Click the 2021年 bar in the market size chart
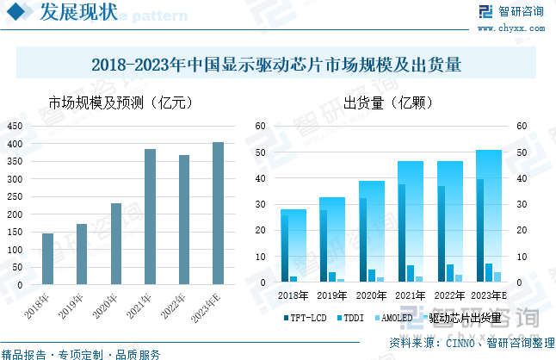point(150,217)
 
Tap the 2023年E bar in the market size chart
point(218,214)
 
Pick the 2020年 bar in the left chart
point(115,244)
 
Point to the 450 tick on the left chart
point(15,126)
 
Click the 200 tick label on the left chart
point(15,214)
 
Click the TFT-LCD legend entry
point(306,318)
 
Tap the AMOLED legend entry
point(395,318)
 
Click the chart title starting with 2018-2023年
point(277,65)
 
